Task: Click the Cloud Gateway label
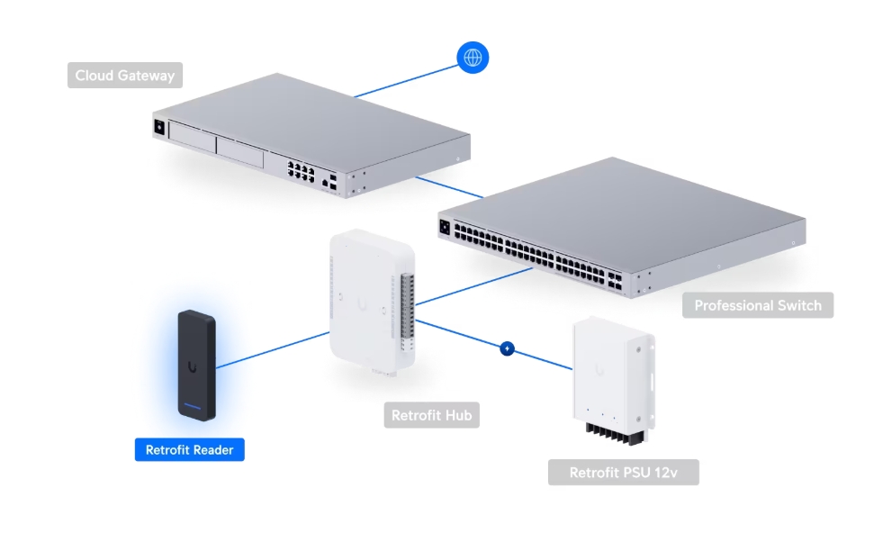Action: [125, 76]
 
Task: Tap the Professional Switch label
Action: [758, 305]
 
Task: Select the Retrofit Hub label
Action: [431, 416]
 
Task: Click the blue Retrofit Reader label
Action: [189, 449]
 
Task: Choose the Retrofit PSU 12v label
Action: [623, 473]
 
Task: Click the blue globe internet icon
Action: [472, 59]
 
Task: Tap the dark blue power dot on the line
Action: [507, 348]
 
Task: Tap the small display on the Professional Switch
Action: [444, 228]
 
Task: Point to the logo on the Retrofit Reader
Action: [193, 366]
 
